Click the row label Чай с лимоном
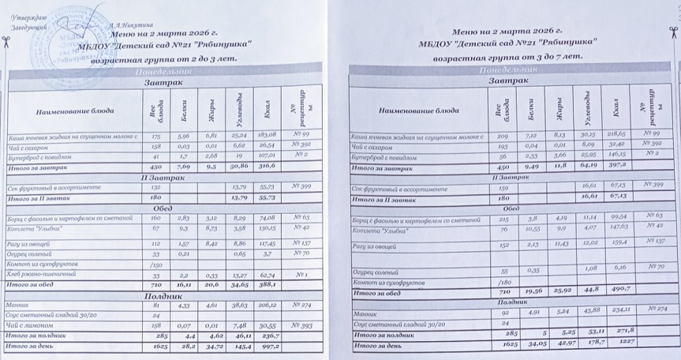click(34, 325)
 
